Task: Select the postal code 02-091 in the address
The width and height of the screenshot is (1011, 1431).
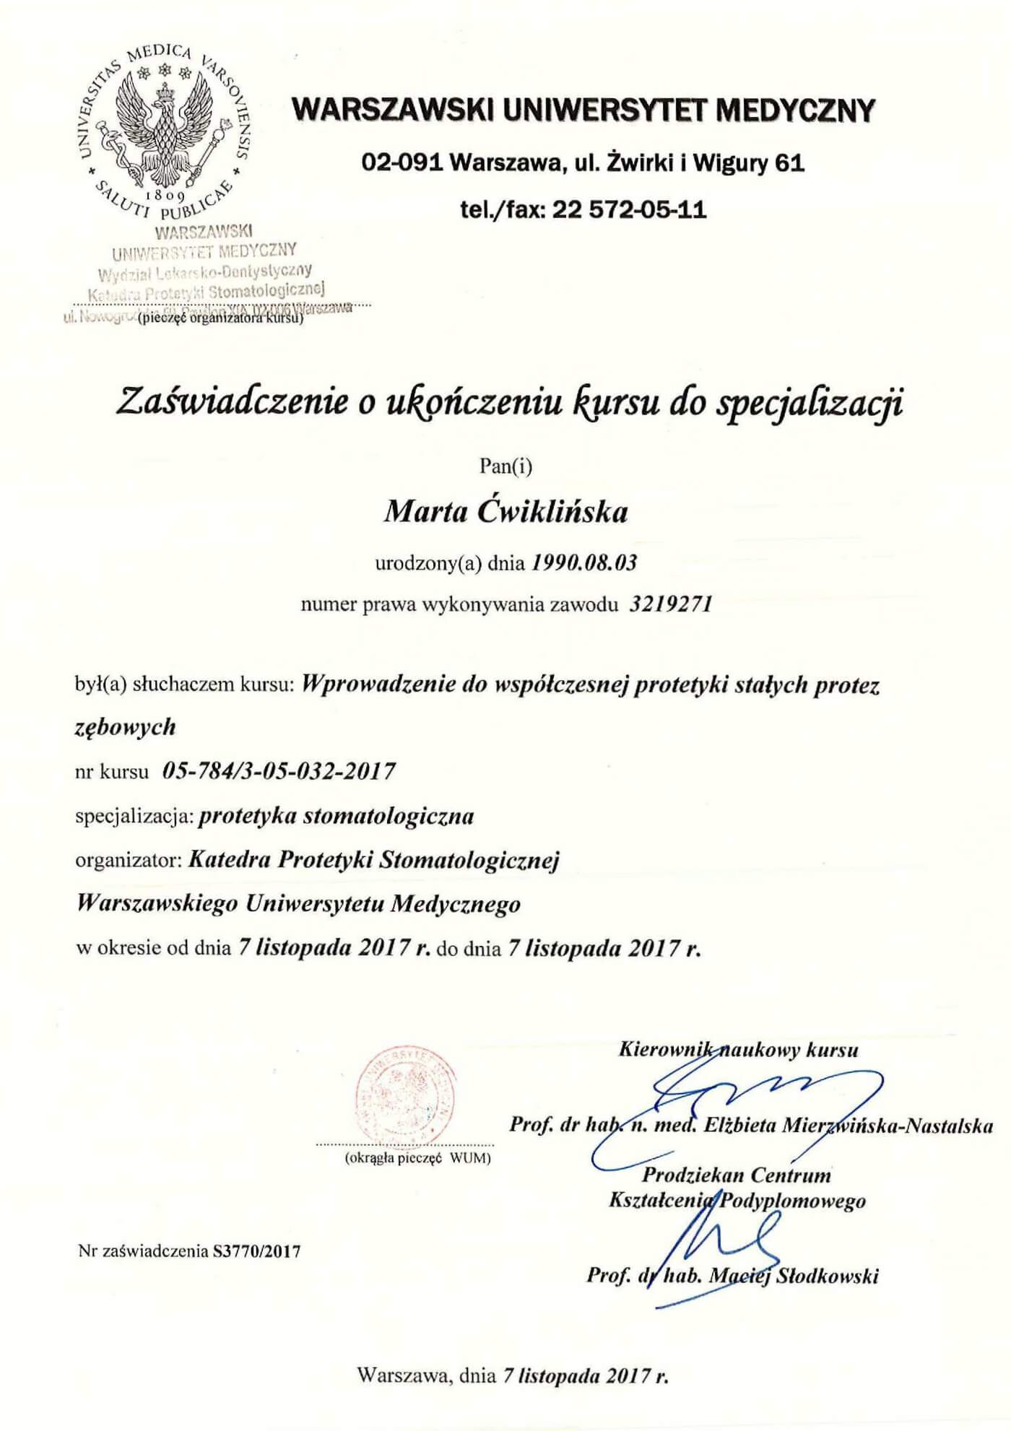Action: (402, 163)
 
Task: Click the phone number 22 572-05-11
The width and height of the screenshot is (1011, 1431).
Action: (629, 210)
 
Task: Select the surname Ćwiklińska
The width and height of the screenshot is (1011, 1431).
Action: (553, 512)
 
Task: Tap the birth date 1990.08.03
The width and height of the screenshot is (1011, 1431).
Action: (584, 562)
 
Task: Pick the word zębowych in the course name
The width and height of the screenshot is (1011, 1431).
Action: (126, 726)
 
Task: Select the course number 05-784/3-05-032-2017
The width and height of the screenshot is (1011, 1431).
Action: (279, 772)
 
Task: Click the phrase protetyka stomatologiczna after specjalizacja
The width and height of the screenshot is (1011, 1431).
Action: (337, 816)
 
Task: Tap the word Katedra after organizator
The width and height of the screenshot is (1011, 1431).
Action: (230, 860)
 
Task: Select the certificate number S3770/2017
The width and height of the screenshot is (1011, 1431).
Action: (257, 1251)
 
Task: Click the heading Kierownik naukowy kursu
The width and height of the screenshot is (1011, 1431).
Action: (738, 1049)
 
